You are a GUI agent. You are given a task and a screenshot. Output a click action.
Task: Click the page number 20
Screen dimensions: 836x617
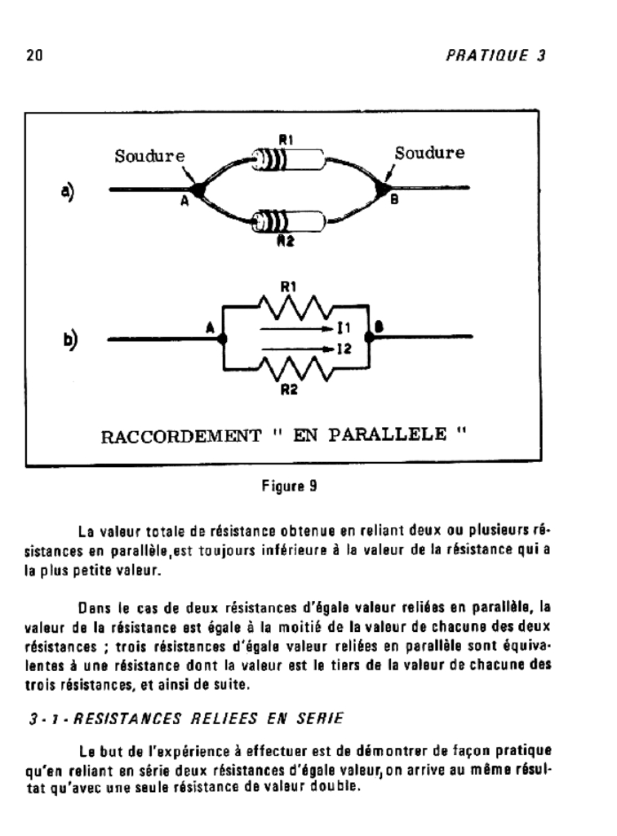click(x=33, y=56)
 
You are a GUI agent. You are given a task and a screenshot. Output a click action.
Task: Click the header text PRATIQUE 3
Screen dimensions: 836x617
click(x=495, y=56)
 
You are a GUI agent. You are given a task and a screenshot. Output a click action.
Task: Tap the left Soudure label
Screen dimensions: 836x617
click(x=149, y=155)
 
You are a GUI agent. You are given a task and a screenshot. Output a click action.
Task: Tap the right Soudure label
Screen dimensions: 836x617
click(x=429, y=153)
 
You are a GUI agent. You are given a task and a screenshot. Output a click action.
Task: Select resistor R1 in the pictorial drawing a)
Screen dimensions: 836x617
click(x=286, y=158)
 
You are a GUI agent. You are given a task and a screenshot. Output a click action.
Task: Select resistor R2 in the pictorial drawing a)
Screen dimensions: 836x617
click(x=286, y=220)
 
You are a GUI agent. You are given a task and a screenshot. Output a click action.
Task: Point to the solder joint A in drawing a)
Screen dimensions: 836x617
click(x=196, y=189)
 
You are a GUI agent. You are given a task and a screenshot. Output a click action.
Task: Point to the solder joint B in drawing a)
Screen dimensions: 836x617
click(x=380, y=189)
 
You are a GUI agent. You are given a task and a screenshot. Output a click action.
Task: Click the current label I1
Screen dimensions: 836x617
click(x=343, y=329)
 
